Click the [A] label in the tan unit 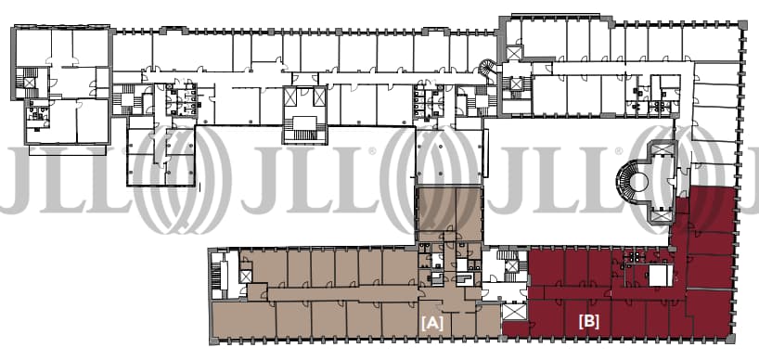tap(431, 323)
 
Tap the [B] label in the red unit tap(588, 322)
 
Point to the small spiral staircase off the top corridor tap(487, 69)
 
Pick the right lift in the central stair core tap(319, 96)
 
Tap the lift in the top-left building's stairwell tap(29, 83)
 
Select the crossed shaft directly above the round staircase tap(662, 148)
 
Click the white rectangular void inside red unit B tap(661, 276)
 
